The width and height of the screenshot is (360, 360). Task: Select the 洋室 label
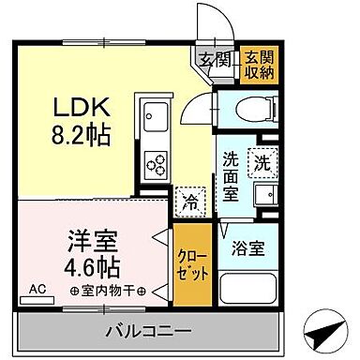pyautogui.click(x=84, y=237)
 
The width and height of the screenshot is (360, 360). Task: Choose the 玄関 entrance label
pyautogui.click(x=211, y=61)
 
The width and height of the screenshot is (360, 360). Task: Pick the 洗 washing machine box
pyautogui.click(x=262, y=161)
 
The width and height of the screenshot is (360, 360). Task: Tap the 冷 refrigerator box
pyautogui.click(x=187, y=200)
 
